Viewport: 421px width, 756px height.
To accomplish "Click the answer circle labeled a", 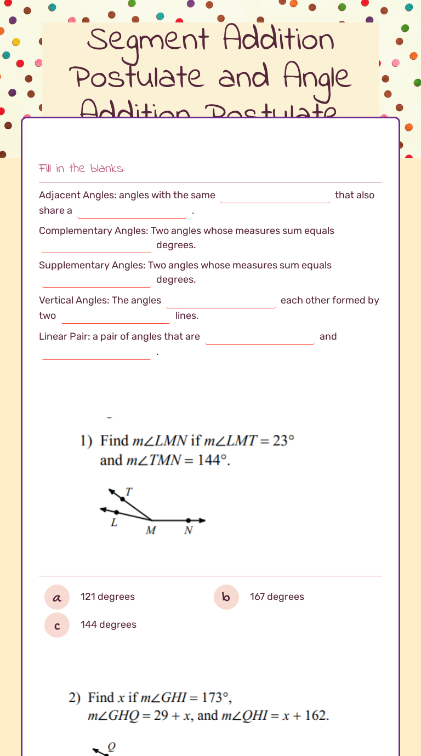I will click(57, 597).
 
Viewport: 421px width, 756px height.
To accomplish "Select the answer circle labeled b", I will click(226, 597).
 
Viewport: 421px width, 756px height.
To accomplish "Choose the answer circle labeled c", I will click(57, 625).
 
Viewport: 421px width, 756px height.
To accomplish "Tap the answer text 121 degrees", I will click(107, 597).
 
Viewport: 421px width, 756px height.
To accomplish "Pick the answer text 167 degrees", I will click(277, 597).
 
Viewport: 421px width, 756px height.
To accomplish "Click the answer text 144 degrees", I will click(109, 625).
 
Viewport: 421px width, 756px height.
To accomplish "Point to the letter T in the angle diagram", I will click(129, 492).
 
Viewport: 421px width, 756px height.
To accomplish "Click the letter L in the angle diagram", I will click(114, 523).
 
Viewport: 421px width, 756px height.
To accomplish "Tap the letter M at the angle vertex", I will click(151, 530).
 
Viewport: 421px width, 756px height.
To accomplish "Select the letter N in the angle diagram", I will click(188, 530).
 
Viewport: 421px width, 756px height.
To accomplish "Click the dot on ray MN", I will click(188, 520).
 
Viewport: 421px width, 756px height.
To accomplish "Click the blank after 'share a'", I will click(133, 211).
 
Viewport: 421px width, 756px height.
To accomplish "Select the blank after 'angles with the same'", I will click(275, 196).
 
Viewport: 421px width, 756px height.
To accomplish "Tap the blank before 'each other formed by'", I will click(221, 301).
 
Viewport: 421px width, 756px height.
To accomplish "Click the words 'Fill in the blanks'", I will click(82, 168).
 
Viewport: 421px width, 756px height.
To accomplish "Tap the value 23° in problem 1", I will click(284, 441).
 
